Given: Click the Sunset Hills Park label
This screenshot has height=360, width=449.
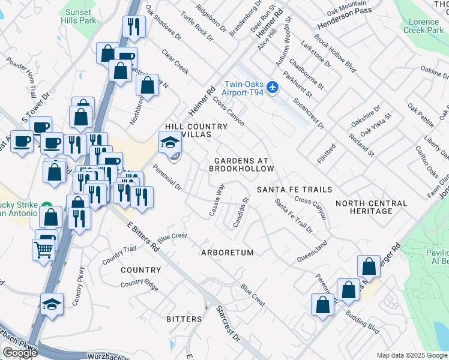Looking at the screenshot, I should (79, 16).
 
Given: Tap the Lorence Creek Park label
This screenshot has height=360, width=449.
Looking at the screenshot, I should (424, 25).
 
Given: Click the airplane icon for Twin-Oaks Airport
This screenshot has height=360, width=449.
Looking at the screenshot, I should (273, 88).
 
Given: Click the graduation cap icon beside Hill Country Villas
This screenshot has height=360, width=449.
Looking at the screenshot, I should (168, 143).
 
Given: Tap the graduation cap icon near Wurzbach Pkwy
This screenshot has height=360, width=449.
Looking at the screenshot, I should (52, 304).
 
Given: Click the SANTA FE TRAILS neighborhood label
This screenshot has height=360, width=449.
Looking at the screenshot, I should (294, 190).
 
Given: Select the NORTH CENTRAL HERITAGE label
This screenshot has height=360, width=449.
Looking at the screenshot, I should (372, 208).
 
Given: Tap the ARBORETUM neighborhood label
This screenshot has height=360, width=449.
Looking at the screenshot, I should (228, 253).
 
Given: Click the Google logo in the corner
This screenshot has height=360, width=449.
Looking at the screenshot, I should (20, 352).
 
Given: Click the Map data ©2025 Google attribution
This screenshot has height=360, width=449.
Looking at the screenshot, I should (412, 355).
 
